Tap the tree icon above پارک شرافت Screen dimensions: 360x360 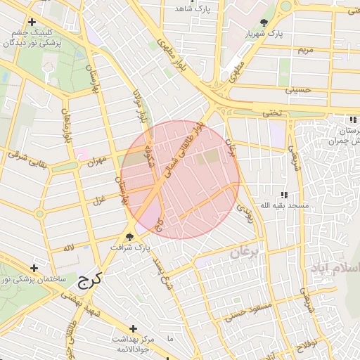pyautogui.click(x=130, y=236)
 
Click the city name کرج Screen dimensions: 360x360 pyautogui.click(x=89, y=280)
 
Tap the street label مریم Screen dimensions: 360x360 pyautogui.click(x=304, y=51)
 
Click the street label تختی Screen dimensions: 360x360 pyautogui.click(x=271, y=113)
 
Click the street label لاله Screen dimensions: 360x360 pyautogui.click(x=68, y=247)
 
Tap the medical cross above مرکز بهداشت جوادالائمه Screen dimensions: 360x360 pyautogui.click(x=134, y=328)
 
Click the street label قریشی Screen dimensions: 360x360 pyautogui.click(x=295, y=159)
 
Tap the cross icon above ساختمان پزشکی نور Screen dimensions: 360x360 pyautogui.click(x=33, y=268)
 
